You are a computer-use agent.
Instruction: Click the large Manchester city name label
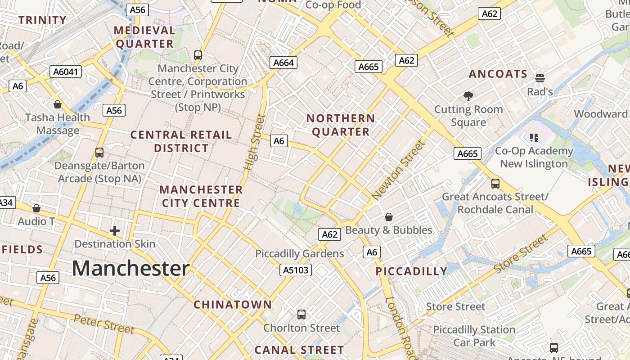pyautogui.click(x=130, y=269)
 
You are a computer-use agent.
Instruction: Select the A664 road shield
pyautogui.click(x=284, y=63)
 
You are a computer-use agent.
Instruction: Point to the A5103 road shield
pyautogui.click(x=295, y=270)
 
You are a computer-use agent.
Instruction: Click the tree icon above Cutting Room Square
pyautogui.click(x=468, y=96)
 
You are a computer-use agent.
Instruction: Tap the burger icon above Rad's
pyautogui.click(x=540, y=78)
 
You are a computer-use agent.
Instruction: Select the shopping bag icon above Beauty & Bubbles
pyautogui.click(x=389, y=217)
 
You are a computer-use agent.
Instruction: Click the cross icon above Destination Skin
pyautogui.click(x=115, y=231)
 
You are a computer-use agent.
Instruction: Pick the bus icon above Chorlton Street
pyautogui.click(x=301, y=314)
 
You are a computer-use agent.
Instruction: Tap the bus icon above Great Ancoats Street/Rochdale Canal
pyautogui.click(x=495, y=183)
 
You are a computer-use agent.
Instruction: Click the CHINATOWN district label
pyautogui.click(x=233, y=305)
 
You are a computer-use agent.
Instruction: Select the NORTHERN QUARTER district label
pyautogui.click(x=341, y=125)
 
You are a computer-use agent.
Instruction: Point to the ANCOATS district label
pyautogui.click(x=498, y=74)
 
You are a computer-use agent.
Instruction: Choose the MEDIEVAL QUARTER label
pyautogui.click(x=144, y=37)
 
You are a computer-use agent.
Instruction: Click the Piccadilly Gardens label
pyautogui.click(x=299, y=254)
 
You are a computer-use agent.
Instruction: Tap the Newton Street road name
pyautogui.click(x=399, y=170)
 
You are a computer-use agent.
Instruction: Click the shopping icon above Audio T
pyautogui.click(x=36, y=208)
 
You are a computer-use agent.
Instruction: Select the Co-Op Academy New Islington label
pyautogui.click(x=534, y=157)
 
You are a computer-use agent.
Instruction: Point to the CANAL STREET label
pyautogui.click(x=299, y=350)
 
